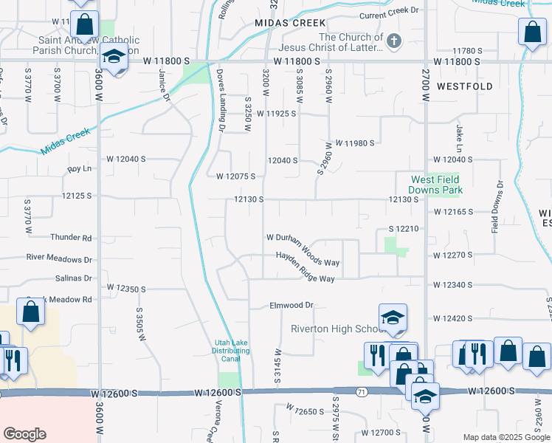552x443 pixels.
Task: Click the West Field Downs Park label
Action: (x=435, y=185)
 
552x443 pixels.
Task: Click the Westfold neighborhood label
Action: (x=464, y=86)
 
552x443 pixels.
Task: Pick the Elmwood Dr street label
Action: (x=291, y=305)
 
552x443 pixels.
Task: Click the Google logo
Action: (x=24, y=434)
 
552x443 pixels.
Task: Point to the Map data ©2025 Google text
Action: (x=506, y=437)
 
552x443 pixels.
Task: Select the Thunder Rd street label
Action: (x=71, y=238)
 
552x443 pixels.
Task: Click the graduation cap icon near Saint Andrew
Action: (x=114, y=57)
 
